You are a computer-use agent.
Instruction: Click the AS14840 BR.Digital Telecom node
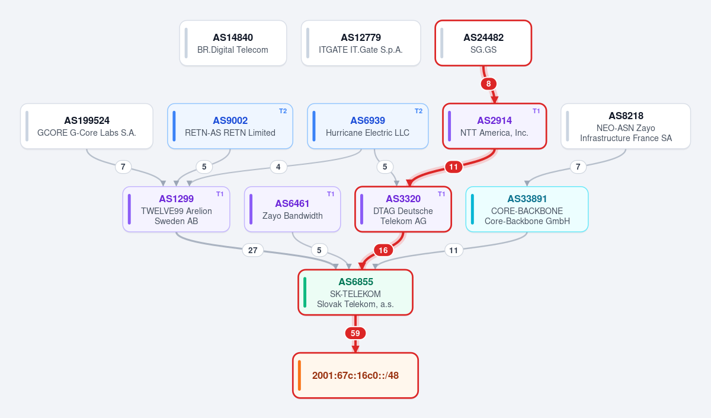233,43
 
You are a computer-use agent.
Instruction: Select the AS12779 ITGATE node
361,43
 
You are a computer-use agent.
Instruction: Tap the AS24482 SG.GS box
483,43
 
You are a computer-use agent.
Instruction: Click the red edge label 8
488,84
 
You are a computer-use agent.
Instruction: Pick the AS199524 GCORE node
87,126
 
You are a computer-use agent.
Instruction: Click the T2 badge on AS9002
283,111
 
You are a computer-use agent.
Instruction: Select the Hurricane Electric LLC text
367,133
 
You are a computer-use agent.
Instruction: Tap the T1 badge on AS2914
536,111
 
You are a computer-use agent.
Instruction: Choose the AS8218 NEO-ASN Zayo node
626,126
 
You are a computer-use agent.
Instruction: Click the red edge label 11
453,167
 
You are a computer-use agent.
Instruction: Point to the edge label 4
278,167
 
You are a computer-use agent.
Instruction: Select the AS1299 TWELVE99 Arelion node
176,209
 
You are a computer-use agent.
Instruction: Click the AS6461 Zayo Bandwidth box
292,209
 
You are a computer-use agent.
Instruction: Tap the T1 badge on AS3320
441,194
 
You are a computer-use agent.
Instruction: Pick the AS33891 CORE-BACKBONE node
527,209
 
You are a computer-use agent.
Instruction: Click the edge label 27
252,250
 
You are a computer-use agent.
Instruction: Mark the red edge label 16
383,250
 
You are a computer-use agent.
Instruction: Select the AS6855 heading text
355,282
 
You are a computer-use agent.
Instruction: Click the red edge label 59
355,333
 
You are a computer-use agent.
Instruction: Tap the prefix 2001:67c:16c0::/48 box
355,375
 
